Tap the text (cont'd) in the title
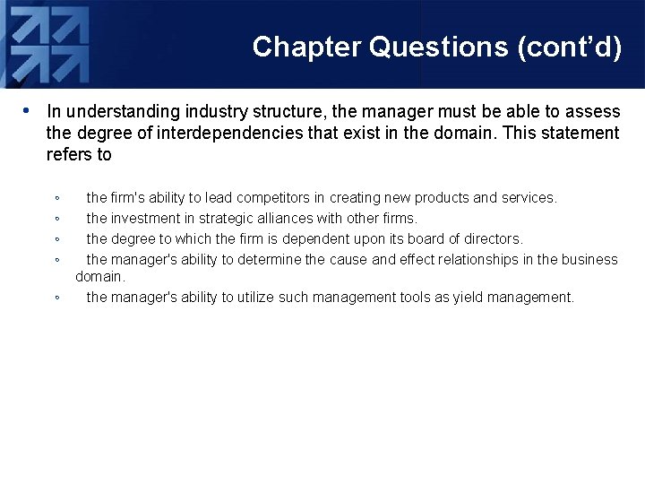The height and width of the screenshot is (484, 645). coord(570,47)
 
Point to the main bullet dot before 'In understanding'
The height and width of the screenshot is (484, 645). coord(28,112)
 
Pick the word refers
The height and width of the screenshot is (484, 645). coord(69,155)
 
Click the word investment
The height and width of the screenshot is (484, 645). coord(145,218)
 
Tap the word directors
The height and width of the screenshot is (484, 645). coord(491,238)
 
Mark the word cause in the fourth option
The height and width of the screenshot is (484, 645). coord(348,260)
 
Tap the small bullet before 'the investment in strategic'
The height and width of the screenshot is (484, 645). coord(56,219)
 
